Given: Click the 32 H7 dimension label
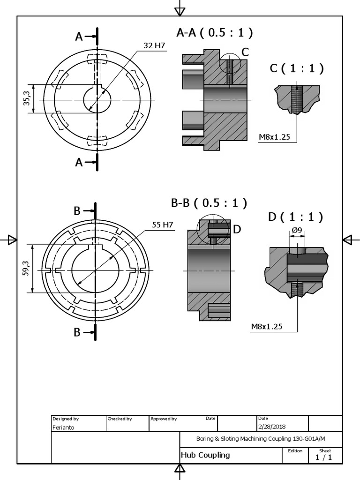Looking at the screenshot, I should point(154,45).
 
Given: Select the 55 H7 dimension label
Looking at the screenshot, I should point(162,225).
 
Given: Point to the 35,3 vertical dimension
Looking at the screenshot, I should point(27,98).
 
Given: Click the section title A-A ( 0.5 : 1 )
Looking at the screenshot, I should point(215,32).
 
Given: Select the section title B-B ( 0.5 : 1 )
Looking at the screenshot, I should point(209,203).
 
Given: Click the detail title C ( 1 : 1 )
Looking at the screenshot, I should point(297,68).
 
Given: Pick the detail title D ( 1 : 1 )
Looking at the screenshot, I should point(296,217).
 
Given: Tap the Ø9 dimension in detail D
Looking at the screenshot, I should point(297,231).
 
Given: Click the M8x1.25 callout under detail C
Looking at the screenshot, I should point(275,137).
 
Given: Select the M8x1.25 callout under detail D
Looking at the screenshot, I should point(267,327).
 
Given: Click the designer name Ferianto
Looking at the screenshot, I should point(63,427).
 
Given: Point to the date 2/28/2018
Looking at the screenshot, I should point(272,427).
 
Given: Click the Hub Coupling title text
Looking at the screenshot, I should point(205,455).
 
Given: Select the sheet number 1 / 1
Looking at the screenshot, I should point(324,458).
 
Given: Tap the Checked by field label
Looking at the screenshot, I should point(120,419).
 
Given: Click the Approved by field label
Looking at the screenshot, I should point(164,419).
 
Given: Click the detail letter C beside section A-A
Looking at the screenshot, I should point(245,52).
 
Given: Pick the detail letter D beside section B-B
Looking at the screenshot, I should point(237,229).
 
